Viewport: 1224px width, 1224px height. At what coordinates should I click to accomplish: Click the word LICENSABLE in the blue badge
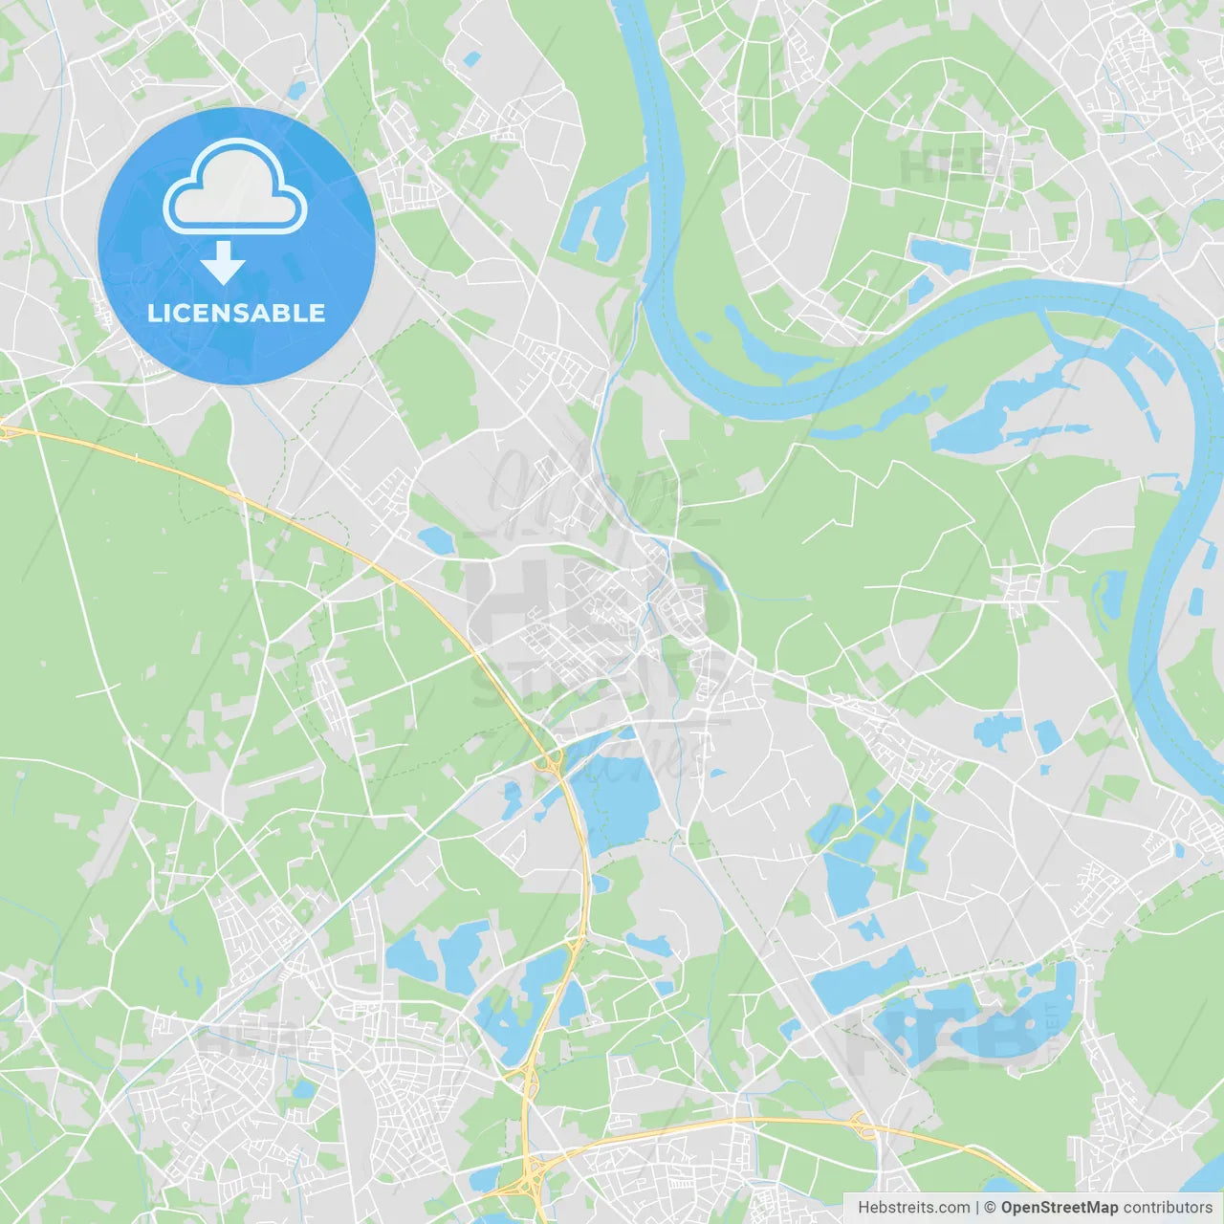(x=236, y=313)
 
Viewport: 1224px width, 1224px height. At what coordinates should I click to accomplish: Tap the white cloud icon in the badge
(x=235, y=188)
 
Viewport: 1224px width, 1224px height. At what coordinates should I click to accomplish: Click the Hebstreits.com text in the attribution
(x=913, y=1208)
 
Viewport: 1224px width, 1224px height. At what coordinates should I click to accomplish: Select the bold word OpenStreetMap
(x=1059, y=1208)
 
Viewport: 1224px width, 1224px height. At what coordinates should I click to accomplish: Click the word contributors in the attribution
(x=1168, y=1208)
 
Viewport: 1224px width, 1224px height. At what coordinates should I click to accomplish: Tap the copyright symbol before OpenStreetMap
(x=990, y=1208)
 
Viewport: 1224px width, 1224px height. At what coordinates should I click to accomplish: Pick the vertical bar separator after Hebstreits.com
(x=977, y=1208)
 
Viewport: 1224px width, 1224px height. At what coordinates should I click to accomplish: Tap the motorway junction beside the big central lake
(x=552, y=762)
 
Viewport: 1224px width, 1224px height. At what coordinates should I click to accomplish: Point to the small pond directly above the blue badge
(x=296, y=92)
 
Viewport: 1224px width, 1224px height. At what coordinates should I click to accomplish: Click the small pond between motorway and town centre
(x=435, y=541)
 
